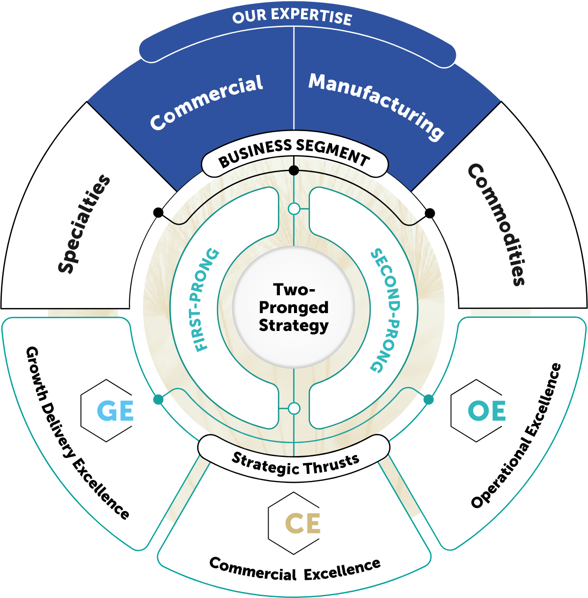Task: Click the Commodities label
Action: point(496,224)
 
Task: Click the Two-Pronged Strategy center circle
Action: point(294,307)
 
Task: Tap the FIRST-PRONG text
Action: point(207,300)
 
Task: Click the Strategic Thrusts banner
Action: point(295,463)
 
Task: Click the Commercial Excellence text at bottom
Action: point(295,569)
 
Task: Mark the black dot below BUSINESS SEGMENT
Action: point(294,170)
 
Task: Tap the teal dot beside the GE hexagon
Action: point(159,400)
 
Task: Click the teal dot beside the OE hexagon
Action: point(429,400)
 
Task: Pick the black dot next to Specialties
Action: point(159,213)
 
